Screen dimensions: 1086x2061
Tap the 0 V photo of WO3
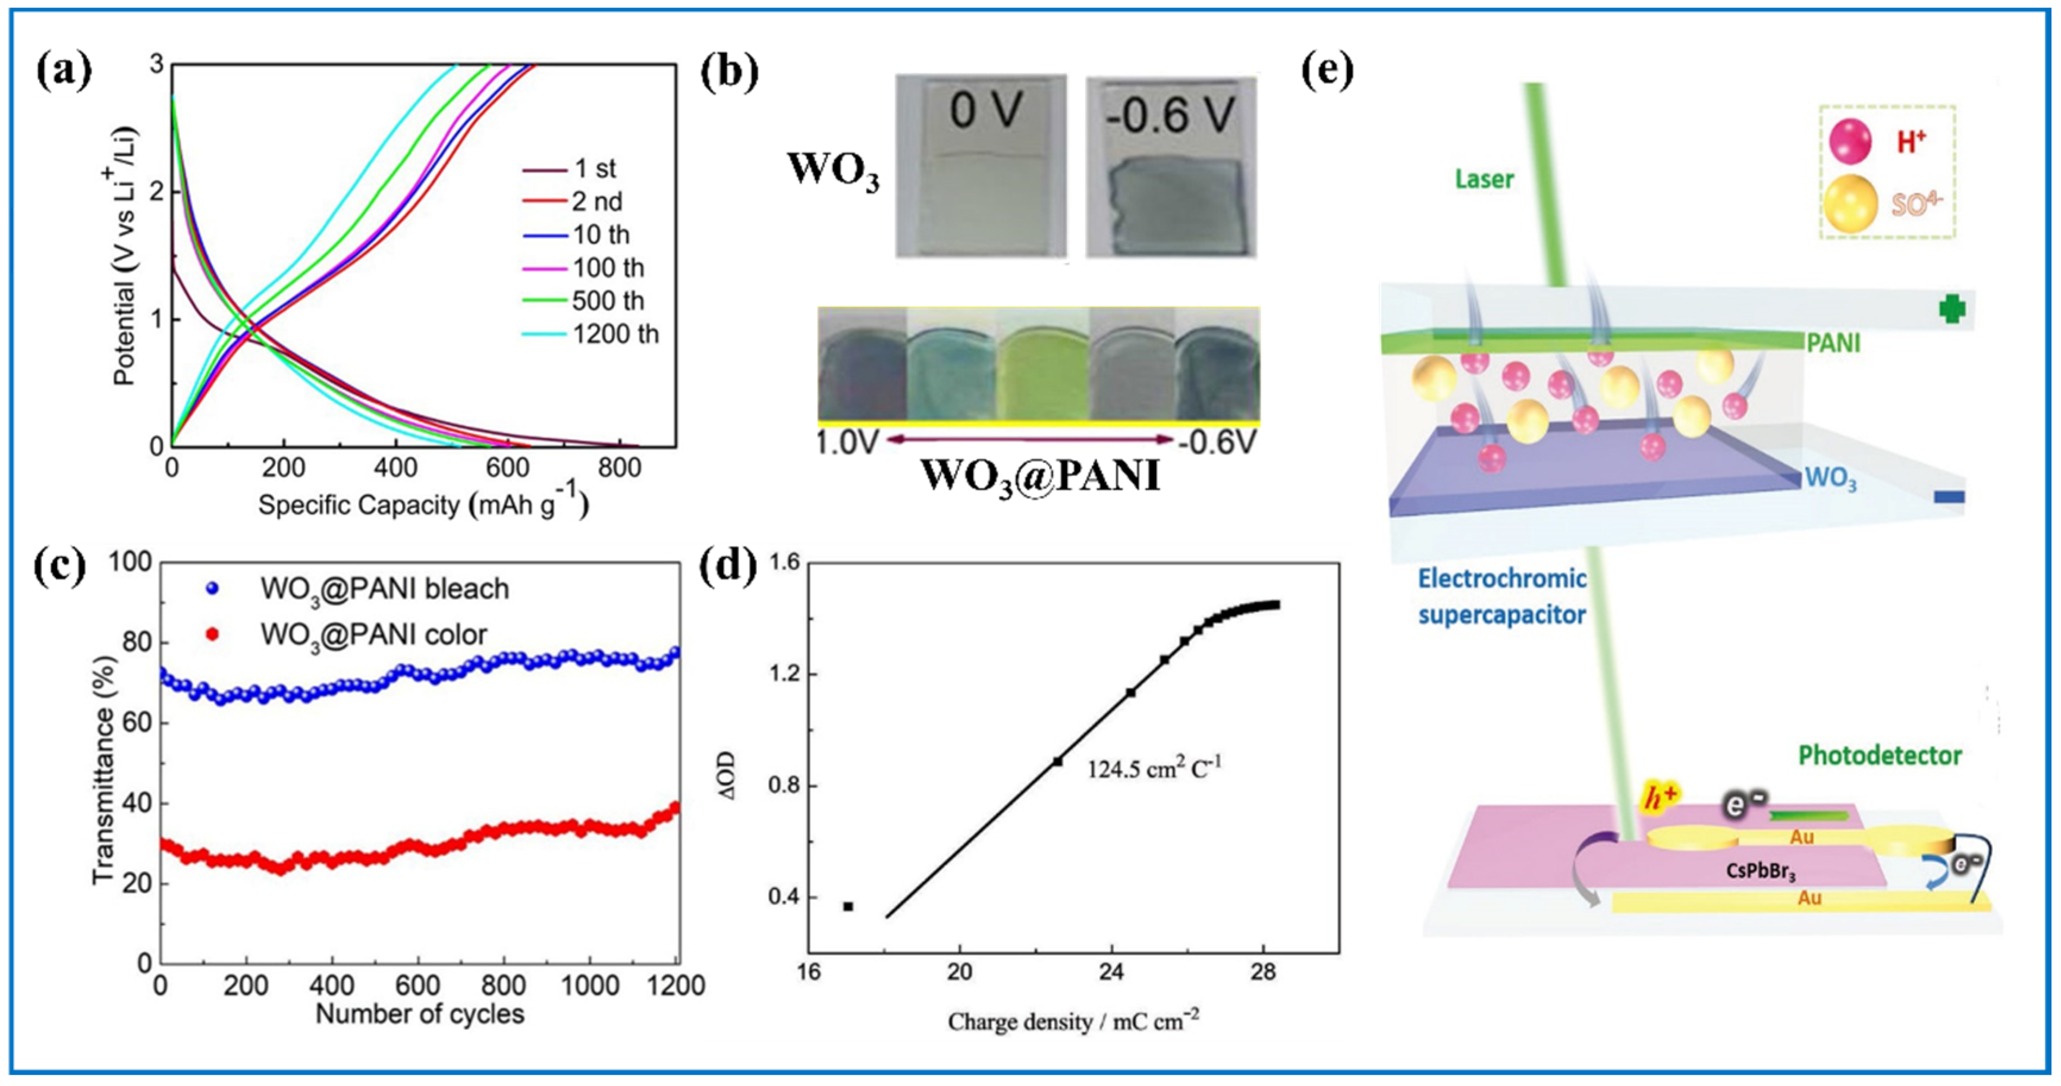pyautogui.click(x=981, y=167)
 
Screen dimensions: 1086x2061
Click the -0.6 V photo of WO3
pyautogui.click(x=1170, y=167)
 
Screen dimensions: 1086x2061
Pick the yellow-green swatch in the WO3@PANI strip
pyautogui.click(x=1042, y=364)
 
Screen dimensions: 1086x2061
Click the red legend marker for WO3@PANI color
pyautogui.click(x=212, y=635)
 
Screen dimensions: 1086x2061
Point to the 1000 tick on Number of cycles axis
pyautogui.click(x=590, y=985)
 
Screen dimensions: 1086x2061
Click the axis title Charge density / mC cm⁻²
pyautogui.click(x=1073, y=1021)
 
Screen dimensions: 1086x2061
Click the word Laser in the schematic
pyautogui.click(x=1484, y=178)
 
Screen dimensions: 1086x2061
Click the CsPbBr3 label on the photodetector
pyautogui.click(x=1761, y=871)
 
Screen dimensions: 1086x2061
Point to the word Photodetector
pyautogui.click(x=1880, y=755)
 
